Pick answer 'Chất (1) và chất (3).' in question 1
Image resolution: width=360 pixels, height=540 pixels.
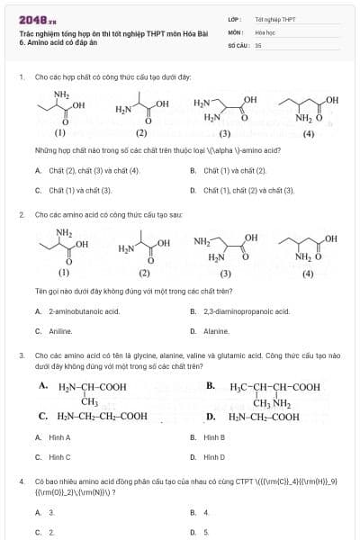tap(79, 191)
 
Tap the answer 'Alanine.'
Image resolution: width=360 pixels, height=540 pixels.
tap(216, 331)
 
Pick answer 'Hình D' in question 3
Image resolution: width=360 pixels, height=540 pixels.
tap(214, 457)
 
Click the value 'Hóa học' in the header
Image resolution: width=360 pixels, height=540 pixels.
tap(265, 31)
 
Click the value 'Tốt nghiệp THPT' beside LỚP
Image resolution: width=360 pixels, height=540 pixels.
tap(275, 19)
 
